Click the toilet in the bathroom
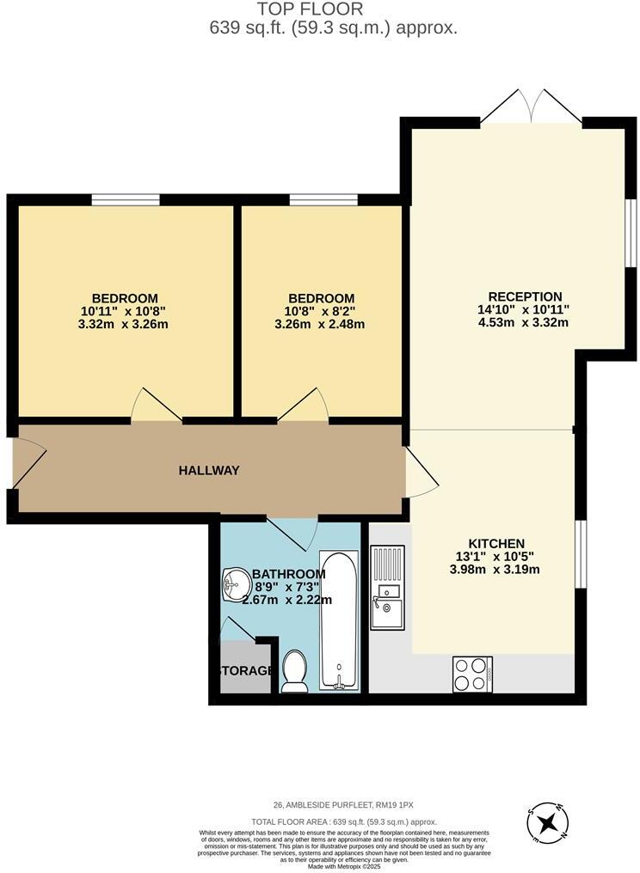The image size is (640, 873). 295,670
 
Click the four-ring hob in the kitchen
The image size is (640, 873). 472,674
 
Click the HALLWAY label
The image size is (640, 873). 209,470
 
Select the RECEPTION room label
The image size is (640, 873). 525,296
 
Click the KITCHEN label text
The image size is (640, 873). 496,543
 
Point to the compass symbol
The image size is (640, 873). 548,824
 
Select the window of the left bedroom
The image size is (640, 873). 126,200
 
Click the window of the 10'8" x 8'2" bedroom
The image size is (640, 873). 323,200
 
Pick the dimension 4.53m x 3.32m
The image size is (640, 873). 523,323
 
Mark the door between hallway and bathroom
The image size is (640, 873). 292,533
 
